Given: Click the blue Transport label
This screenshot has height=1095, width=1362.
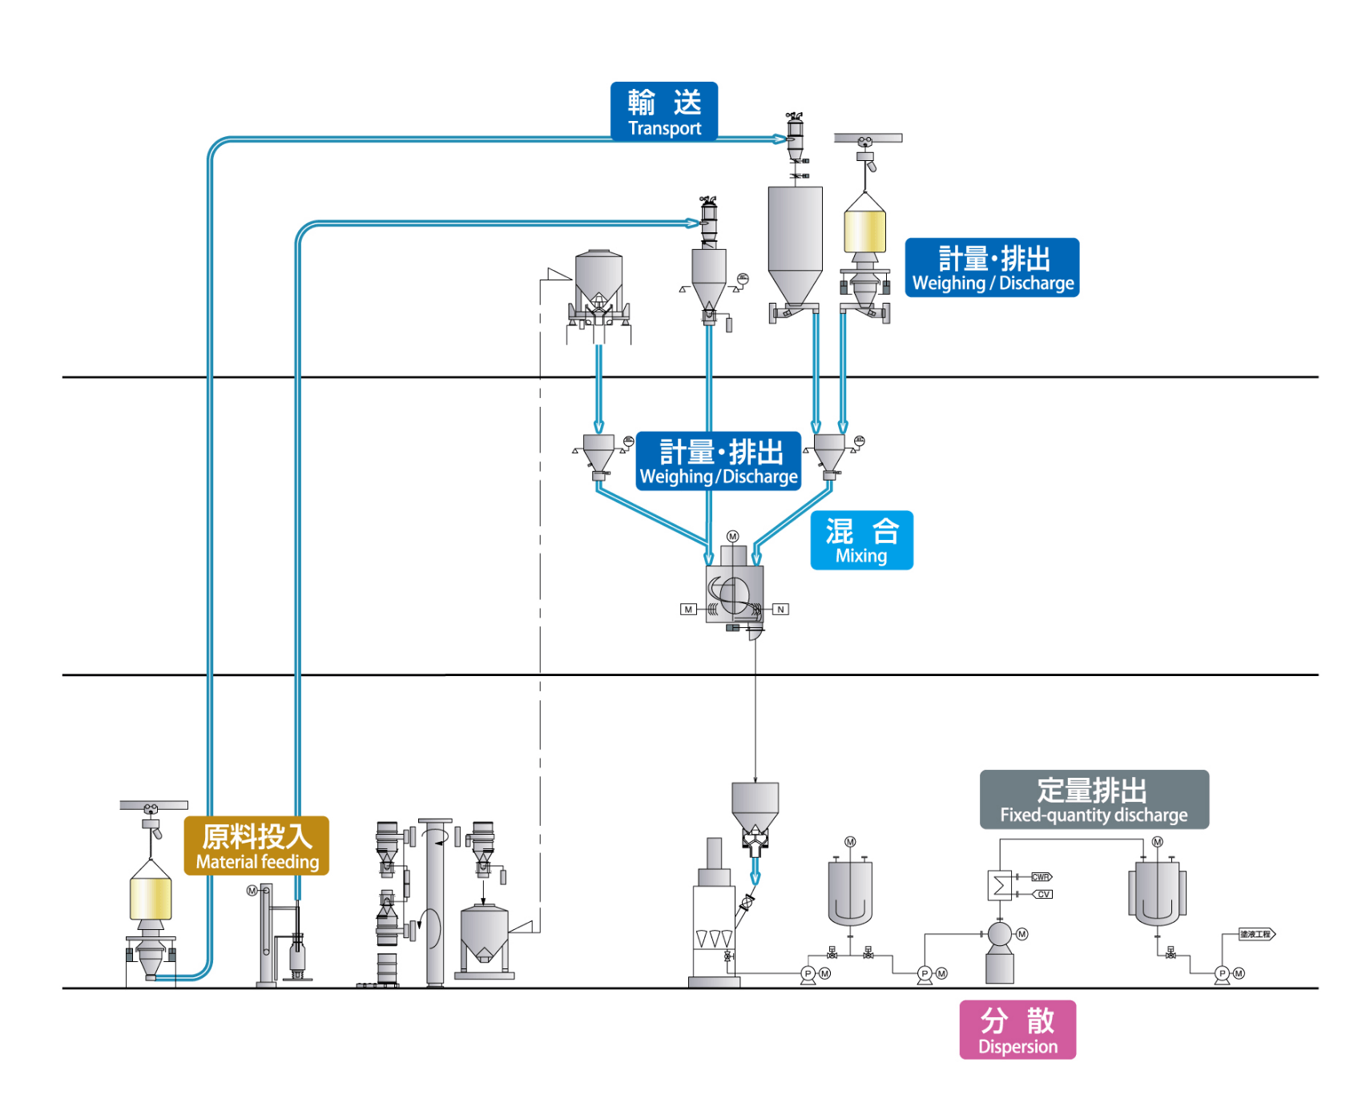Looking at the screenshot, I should tap(663, 111).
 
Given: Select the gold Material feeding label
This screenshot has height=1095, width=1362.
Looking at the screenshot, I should tap(256, 846).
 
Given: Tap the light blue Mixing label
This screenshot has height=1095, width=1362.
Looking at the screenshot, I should tap(861, 541).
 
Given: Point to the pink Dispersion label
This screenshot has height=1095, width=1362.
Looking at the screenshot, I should tap(1017, 1030).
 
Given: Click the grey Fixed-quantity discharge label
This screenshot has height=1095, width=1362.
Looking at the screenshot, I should tap(1094, 799).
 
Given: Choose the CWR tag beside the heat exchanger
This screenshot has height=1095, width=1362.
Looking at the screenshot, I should tap(1041, 877).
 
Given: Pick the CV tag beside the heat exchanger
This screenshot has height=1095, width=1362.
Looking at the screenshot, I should tap(1042, 894).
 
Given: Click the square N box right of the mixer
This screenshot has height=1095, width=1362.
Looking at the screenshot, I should tap(780, 610).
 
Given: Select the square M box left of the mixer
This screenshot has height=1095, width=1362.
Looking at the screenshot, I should tap(688, 610).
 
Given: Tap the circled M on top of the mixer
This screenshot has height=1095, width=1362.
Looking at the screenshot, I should tap(732, 537).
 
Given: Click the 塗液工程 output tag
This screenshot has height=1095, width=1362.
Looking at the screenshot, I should tap(1255, 934).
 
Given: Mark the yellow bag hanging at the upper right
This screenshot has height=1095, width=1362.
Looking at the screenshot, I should tap(864, 231).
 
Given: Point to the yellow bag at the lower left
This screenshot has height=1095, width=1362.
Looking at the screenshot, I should tap(151, 899).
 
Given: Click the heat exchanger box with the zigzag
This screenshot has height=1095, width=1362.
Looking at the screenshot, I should tap(1000, 885).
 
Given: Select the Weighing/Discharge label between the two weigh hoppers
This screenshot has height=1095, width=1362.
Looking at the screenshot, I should tap(719, 461).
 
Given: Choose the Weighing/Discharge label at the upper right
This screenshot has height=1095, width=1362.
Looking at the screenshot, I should tap(992, 268).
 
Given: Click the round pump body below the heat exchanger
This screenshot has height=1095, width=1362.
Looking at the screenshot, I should tap(999, 934).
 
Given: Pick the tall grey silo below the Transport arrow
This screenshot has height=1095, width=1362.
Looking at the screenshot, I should tap(795, 240).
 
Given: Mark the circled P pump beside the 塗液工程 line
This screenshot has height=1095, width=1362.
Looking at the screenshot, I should tap(1222, 973).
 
